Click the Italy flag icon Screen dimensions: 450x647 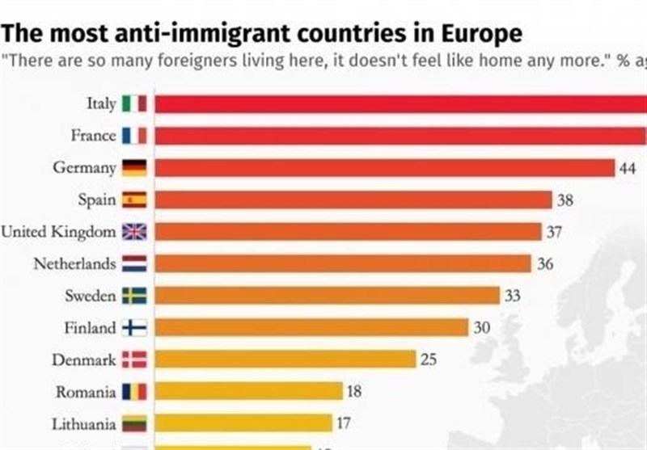click(x=134, y=104)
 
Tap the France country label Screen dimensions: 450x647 click(x=93, y=136)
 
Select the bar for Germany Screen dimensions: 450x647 click(x=384, y=167)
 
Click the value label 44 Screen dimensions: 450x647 click(x=628, y=168)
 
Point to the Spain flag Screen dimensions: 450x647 click(x=134, y=200)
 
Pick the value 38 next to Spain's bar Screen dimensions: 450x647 click(x=565, y=200)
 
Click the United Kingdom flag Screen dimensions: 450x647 click(x=134, y=232)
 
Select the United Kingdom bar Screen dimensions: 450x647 click(x=348, y=232)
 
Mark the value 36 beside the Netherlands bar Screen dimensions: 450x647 click(x=545, y=264)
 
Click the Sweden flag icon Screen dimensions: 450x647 click(x=134, y=296)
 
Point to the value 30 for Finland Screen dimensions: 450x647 click(x=481, y=328)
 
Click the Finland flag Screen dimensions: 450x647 click(x=134, y=328)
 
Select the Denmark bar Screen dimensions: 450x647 click(x=285, y=360)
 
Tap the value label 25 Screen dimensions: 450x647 click(x=429, y=360)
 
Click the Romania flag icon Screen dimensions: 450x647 click(x=134, y=392)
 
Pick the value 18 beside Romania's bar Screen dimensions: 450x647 click(x=354, y=392)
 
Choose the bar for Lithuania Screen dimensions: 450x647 click(x=243, y=423)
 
